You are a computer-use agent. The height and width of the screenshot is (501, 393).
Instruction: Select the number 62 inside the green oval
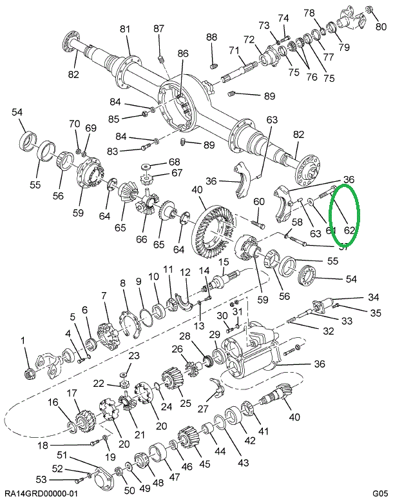[x=350, y=229]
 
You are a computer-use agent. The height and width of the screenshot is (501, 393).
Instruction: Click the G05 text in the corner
[x=378, y=493]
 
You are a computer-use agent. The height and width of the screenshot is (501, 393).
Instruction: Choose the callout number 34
[x=373, y=297]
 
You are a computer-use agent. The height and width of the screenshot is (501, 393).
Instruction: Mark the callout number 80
[x=381, y=26]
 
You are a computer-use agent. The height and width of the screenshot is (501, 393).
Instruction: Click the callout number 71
[x=233, y=50]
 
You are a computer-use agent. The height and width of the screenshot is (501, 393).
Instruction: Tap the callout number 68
[x=157, y=162]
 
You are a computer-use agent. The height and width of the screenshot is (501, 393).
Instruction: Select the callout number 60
[x=259, y=202]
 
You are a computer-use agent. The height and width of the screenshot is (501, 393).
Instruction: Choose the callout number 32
[x=329, y=331]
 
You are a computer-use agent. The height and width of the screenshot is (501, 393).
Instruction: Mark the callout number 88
[x=212, y=38]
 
